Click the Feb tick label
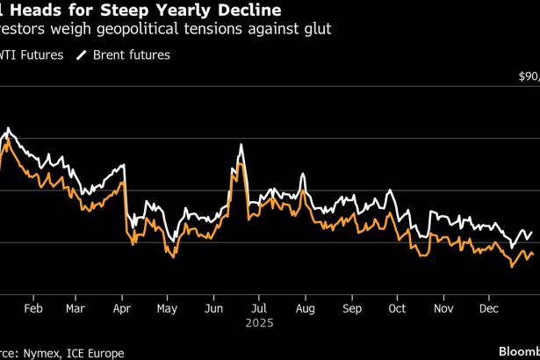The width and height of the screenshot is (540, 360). coord(32,308)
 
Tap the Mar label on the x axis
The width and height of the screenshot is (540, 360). coord(76,308)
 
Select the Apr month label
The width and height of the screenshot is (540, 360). coord(122,308)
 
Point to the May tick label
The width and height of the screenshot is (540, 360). coord(167,308)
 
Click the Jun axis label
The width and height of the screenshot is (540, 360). coord(213,308)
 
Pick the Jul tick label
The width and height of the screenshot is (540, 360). coord(258,308)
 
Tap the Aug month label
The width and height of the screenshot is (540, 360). coord(305,308)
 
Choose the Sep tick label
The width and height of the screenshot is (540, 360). coord(351,308)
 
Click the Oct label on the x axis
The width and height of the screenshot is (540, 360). coord(397,308)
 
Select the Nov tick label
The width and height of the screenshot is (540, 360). coord(443,308)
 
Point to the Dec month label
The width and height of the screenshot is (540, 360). coord(489,308)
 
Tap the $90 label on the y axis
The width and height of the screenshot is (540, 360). coord(529,76)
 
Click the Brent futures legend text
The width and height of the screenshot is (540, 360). coord(133,54)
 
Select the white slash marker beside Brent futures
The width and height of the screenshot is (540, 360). coord(83,54)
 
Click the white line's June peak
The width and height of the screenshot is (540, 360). coord(240,144)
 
